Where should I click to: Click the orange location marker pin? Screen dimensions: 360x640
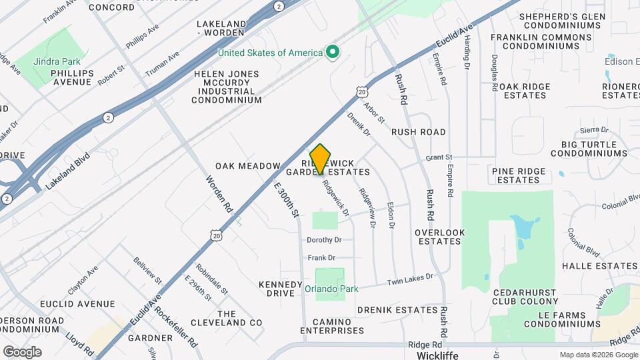(321, 159)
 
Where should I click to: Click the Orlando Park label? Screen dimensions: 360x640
(331, 289)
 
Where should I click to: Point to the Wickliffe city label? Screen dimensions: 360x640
(437, 355)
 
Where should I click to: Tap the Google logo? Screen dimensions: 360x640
(22, 351)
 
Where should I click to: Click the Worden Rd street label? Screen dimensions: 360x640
(219, 194)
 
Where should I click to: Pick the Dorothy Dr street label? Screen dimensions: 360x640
(324, 240)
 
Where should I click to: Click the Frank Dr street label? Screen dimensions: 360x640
(321, 257)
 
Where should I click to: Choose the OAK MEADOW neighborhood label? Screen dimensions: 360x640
(248, 165)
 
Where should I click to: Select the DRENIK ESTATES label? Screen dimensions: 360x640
(397, 310)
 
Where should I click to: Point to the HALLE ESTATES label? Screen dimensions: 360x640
(600, 266)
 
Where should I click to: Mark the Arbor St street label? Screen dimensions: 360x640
(374, 111)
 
